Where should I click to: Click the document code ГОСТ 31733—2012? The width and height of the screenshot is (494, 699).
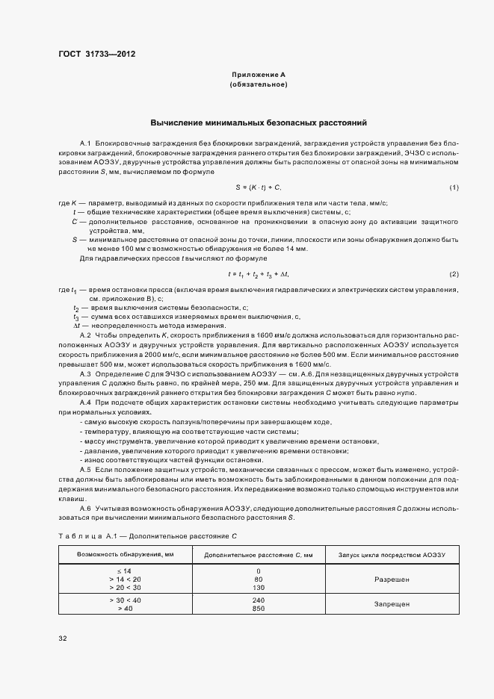coord(96,54)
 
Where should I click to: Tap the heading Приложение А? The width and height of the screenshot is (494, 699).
coord(258,75)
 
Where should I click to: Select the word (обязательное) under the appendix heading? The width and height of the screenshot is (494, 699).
coord(258,85)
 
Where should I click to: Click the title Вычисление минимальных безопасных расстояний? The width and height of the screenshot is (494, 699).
coord(259,122)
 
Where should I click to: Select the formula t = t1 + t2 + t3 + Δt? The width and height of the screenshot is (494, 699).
coord(258,274)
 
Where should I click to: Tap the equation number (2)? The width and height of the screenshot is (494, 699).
coord(454,274)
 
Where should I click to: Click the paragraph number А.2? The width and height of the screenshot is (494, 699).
coord(84,335)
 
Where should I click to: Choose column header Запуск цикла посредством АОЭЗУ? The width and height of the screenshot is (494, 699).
coord(392,555)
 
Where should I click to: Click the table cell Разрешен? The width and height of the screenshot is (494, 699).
coord(392,579)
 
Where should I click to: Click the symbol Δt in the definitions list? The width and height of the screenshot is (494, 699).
coord(76,326)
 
